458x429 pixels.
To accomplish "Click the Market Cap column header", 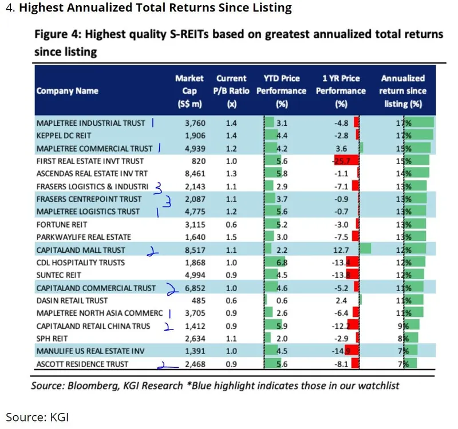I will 189,90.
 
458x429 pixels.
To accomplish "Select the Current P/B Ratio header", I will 231,90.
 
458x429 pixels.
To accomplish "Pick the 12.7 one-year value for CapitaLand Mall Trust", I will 343,249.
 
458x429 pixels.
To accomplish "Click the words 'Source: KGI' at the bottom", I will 37,416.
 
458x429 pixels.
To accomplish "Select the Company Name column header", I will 67,90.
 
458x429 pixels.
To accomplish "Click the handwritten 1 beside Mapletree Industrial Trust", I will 153,122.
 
